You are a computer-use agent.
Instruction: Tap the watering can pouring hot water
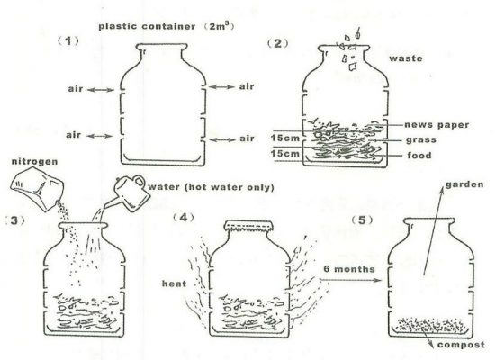128,193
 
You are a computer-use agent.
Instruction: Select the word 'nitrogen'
35,162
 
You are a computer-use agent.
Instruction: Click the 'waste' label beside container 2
405,58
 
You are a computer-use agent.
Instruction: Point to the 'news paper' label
437,125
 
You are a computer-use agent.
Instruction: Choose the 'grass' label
421,139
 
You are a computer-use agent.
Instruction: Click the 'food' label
419,156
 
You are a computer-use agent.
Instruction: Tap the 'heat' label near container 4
174,283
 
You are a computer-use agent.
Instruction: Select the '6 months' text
349,269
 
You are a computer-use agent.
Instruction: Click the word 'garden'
464,184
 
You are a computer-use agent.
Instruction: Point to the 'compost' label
461,345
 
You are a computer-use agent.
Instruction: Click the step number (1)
68,41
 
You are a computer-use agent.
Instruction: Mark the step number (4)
184,218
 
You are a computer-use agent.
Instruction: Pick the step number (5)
362,220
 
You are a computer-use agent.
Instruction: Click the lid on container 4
248,226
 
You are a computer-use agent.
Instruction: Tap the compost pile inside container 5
429,325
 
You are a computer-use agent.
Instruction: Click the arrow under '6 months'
350,280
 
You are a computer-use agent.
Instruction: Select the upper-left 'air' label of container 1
76,89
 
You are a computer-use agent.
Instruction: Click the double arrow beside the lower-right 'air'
222,139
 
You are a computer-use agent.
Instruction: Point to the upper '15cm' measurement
284,139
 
